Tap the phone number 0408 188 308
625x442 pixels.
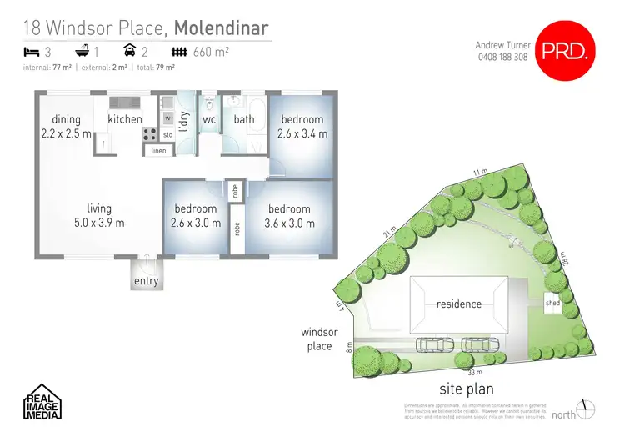pyautogui.click(x=502, y=58)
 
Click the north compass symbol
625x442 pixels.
pyautogui.click(x=588, y=409)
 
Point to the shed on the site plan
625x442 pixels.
pyautogui.click(x=552, y=304)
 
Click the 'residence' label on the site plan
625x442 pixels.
pyautogui.click(x=459, y=304)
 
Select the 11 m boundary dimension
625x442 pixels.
pyautogui.click(x=478, y=172)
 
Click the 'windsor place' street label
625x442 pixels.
pyautogui.click(x=319, y=339)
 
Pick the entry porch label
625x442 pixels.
pyautogui.click(x=146, y=281)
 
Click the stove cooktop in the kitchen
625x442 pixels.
pyautogui.click(x=151, y=133)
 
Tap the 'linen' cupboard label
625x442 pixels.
pyautogui.click(x=158, y=151)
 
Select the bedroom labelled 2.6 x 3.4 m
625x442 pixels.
pyautogui.click(x=302, y=127)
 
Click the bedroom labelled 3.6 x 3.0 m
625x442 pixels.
pyautogui.click(x=289, y=216)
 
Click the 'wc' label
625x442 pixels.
pyautogui.click(x=209, y=119)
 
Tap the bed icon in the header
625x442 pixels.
pyautogui.click(x=31, y=52)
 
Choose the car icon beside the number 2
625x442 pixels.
pyautogui.click(x=155, y=52)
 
